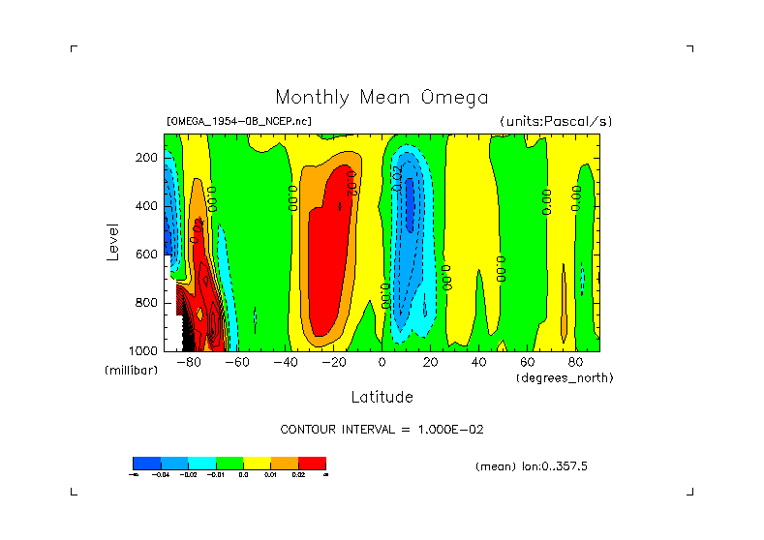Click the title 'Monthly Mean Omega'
coord(382,98)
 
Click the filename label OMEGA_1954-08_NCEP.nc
coord(239,121)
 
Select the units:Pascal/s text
coord(556,121)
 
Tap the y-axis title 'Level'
coord(113,241)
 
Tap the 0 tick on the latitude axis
coord(382,363)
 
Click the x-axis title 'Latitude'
coord(382,397)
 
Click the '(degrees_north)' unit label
coord(565,377)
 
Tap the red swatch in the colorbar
coord(312,463)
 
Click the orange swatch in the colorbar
coord(285,463)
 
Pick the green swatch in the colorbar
coord(229,463)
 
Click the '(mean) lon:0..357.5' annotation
coord(532,466)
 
